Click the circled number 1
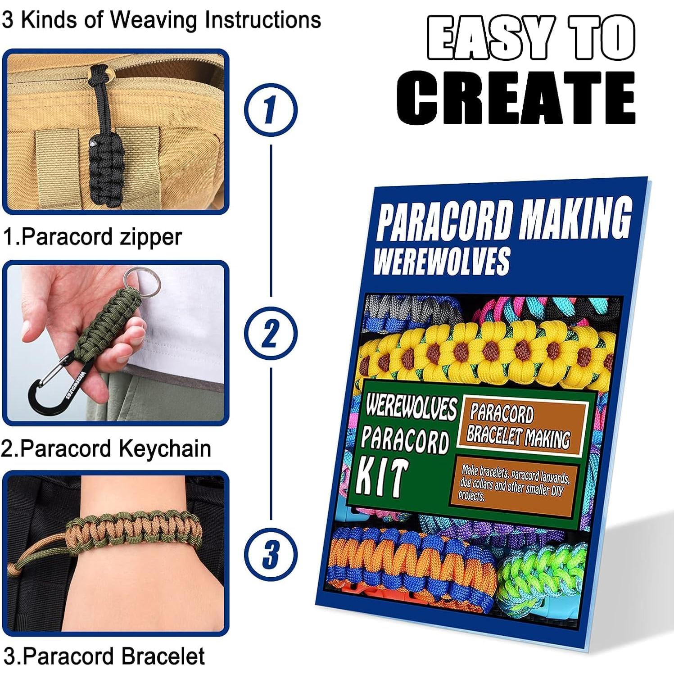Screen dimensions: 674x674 point(271,110)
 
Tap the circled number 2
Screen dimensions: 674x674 point(271,333)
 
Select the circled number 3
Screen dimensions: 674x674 point(271,554)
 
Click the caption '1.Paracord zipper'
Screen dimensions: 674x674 point(92,236)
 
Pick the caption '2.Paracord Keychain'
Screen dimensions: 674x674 point(106,448)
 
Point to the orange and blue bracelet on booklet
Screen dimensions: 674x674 point(410,563)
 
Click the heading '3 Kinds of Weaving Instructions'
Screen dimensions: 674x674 point(161,20)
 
